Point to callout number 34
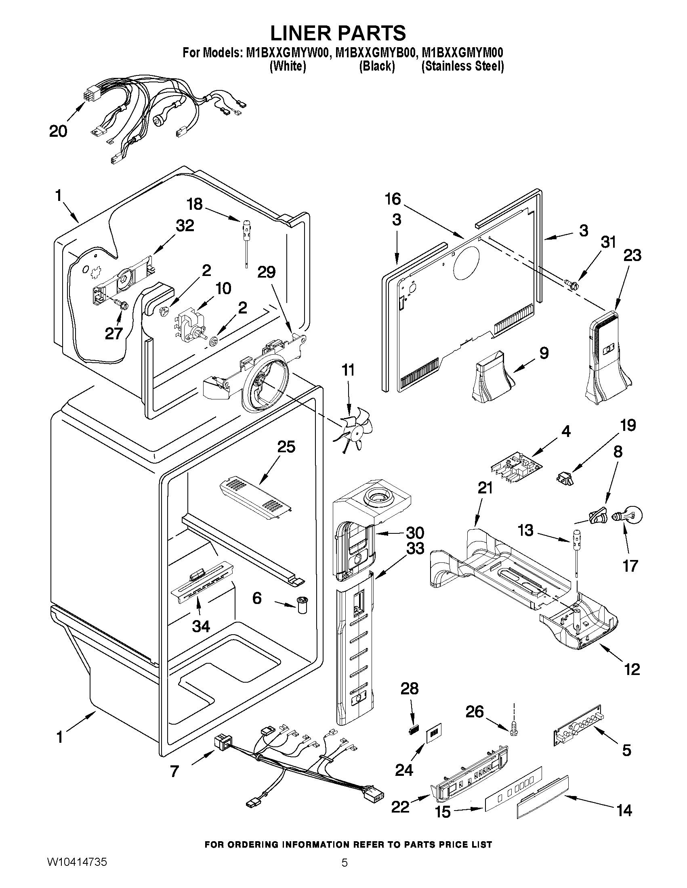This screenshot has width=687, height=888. (201, 626)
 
